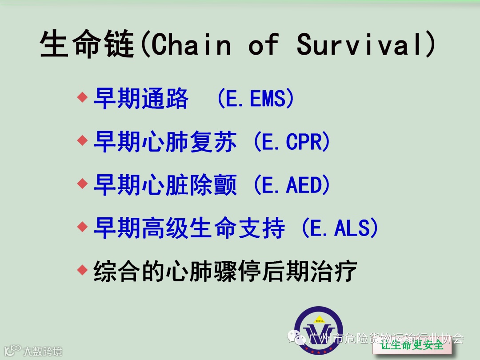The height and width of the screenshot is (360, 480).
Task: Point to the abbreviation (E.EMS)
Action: [256, 98]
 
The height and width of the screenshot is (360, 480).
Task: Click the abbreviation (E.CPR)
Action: [292, 142]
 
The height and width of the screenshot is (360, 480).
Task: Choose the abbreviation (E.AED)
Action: [292, 185]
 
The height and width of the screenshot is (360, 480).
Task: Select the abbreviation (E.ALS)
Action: [340, 228]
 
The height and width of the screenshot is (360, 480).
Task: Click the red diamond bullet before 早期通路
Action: [82, 97]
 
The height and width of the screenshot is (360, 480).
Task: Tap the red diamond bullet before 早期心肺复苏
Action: [82, 140]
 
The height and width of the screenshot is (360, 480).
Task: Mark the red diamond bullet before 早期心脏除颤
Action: [82, 184]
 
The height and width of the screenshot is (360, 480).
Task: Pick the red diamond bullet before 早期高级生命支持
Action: [82, 227]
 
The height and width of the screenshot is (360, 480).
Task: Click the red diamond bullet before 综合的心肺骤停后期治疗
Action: [82, 270]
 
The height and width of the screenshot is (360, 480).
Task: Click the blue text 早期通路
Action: [141, 98]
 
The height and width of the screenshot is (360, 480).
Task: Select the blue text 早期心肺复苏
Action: [165, 142]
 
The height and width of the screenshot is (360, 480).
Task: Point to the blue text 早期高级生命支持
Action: [189, 228]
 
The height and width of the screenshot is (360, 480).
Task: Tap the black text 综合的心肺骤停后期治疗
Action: [225, 271]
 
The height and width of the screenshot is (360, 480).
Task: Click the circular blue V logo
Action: [319, 330]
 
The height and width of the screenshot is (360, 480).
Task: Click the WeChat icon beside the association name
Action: [296, 337]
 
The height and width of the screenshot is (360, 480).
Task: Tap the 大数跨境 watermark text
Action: [43, 352]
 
